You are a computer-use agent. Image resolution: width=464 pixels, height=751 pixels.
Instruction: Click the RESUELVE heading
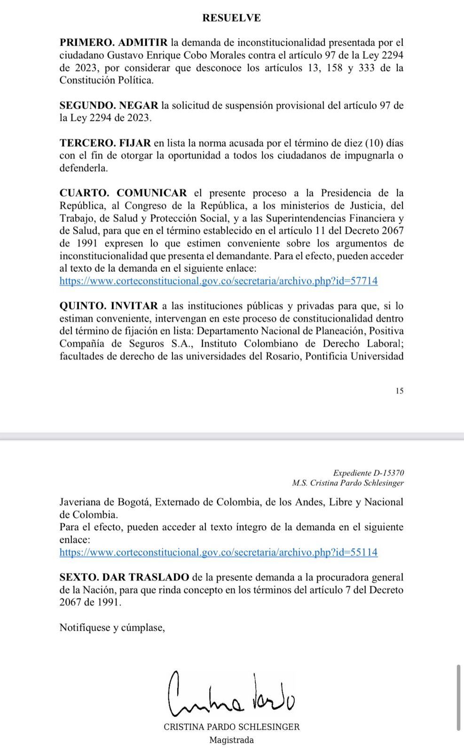pyautogui.click(x=231, y=18)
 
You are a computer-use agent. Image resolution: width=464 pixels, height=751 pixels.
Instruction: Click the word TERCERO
pyautogui.click(x=85, y=143)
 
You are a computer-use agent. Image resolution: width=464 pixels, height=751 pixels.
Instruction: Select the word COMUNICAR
pyautogui.click(x=151, y=193)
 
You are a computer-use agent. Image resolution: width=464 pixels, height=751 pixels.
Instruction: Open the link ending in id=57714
pyautogui.click(x=218, y=281)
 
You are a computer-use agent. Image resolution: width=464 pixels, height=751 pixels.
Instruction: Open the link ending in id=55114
pyautogui.click(x=218, y=552)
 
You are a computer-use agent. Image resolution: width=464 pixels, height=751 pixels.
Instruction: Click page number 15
pyautogui.click(x=399, y=391)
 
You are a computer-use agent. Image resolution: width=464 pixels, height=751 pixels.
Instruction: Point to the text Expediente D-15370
pyautogui.click(x=368, y=473)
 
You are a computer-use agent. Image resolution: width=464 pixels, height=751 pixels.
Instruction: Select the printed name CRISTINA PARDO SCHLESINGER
pyautogui.click(x=231, y=727)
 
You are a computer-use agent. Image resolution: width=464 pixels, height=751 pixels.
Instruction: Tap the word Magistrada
pyautogui.click(x=231, y=740)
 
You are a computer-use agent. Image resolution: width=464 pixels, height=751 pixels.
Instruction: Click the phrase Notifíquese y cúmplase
pyautogui.click(x=112, y=627)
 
